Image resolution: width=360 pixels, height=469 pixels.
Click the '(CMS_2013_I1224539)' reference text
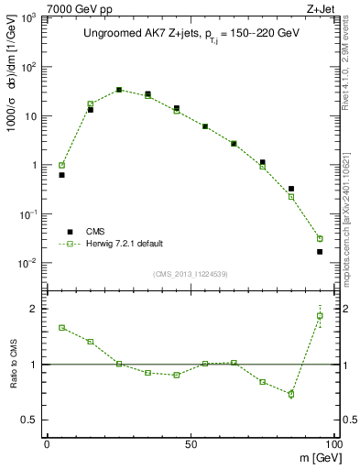(191, 273)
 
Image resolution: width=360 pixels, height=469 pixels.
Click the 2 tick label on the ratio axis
(35, 309)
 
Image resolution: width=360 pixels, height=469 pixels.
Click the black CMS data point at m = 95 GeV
(320, 251)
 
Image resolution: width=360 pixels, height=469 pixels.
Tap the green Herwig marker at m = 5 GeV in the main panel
(61, 166)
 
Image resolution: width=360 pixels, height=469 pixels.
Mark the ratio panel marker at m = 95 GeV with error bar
(320, 316)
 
